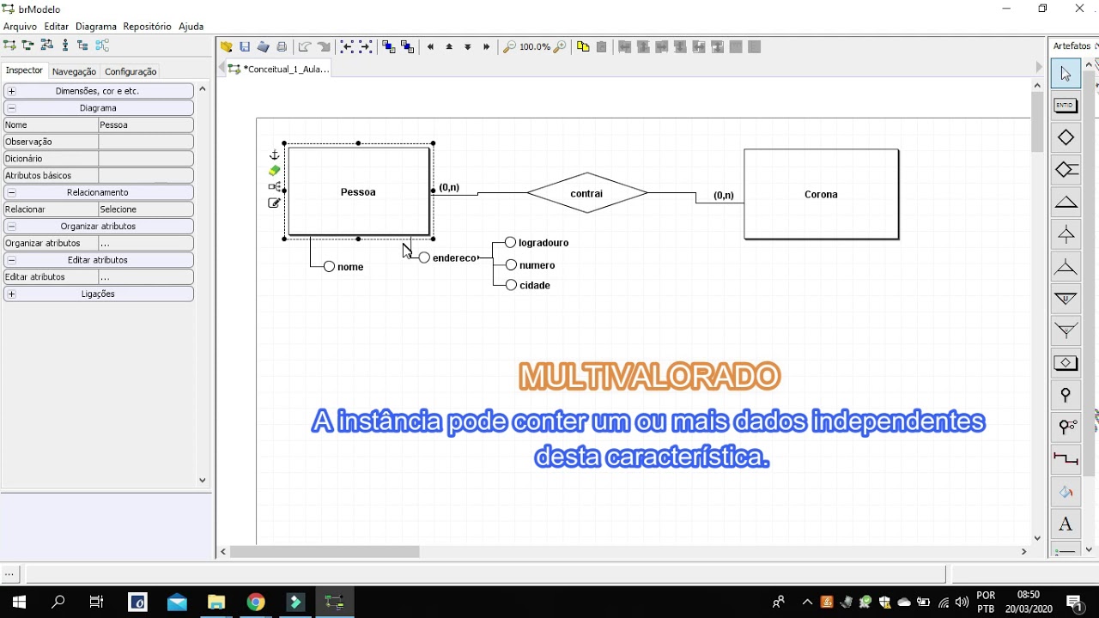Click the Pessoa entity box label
tap(358, 192)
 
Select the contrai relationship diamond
tap(586, 193)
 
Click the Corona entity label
tap(821, 195)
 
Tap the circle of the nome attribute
tap(329, 266)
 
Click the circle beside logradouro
tap(510, 242)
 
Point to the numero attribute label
tap(537, 265)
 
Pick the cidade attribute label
tap(535, 286)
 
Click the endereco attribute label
tap(454, 258)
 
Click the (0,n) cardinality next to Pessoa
tap(449, 187)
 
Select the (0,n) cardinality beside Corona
tap(724, 195)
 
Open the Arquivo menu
tap(20, 27)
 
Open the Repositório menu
tap(147, 27)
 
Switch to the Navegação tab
tap(74, 71)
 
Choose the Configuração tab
tap(131, 71)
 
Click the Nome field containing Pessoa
tap(146, 125)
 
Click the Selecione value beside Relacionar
tap(146, 209)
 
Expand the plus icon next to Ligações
tap(12, 294)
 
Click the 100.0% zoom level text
tap(535, 46)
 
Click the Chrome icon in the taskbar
tap(256, 602)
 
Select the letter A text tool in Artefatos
tap(1066, 524)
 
